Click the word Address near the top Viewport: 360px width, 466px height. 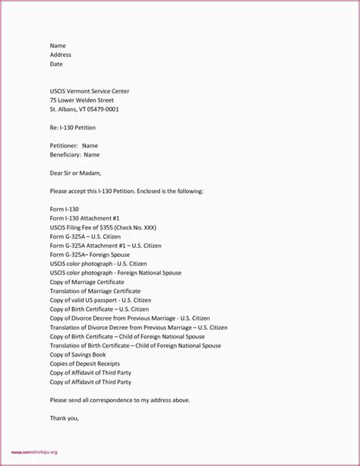[61, 55]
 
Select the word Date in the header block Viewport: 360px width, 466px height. [57, 65]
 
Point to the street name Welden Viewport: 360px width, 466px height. [87, 100]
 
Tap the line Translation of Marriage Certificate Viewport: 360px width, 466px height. [98, 290]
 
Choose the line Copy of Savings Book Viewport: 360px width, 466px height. [77, 354]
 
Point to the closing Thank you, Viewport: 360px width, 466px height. [65, 417]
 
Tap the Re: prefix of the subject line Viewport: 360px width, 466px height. [55, 127]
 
